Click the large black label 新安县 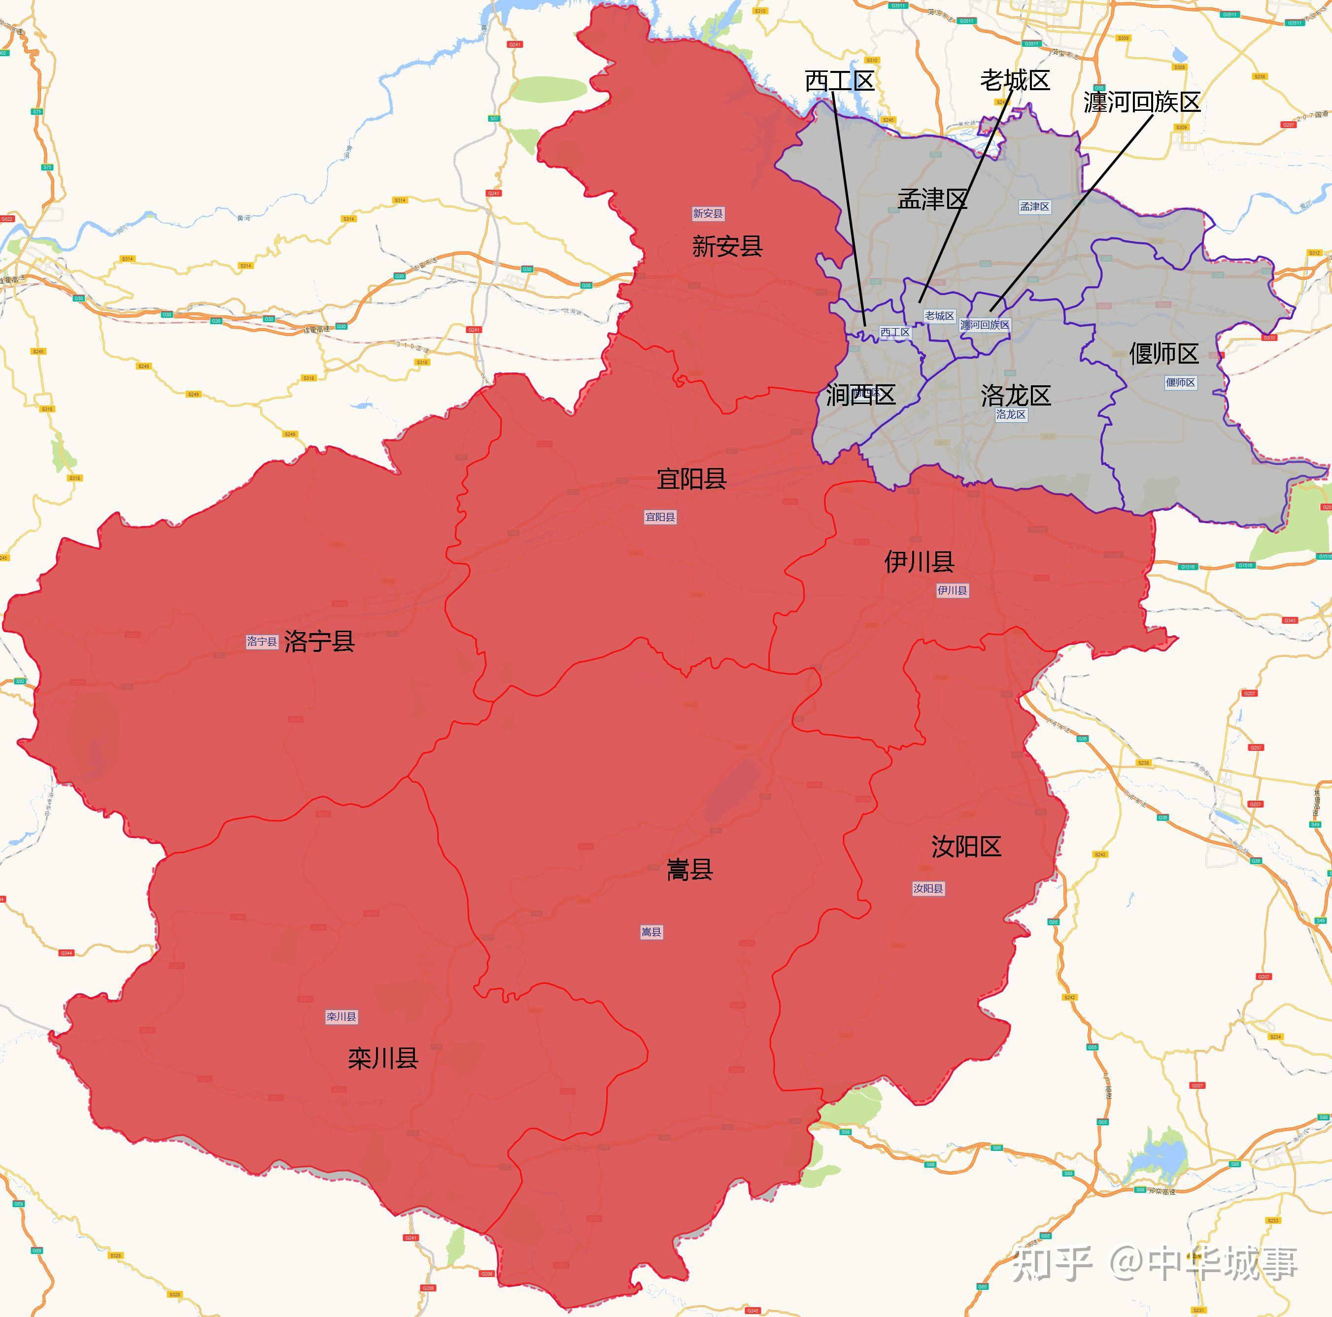727,246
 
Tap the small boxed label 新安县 708,214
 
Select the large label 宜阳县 691,478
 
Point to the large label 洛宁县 319,641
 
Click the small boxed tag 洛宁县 262,642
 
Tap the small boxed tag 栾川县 342,1016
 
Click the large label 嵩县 689,870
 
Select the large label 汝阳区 966,846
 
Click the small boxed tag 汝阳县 928,888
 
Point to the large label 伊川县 919,562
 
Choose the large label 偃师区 1164,354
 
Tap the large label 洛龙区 1016,396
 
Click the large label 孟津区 932,199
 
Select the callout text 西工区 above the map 839,81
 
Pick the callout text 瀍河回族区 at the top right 1142,102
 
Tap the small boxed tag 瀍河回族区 985,325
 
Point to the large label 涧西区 860,395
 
